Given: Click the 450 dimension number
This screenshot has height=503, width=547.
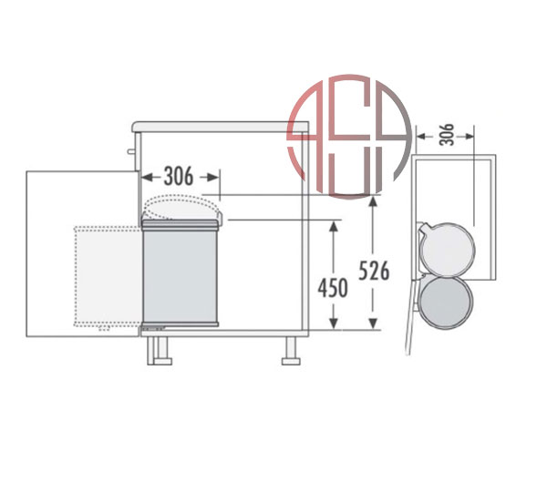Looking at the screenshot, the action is coord(333,288).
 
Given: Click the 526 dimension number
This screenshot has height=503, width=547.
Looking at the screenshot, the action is coord(374,271).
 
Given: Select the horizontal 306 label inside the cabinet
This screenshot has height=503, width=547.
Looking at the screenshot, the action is coord(179,177).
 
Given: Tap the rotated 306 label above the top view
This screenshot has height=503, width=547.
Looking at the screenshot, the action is coord(447,135).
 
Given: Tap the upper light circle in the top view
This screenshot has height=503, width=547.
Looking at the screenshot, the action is coord(448,250).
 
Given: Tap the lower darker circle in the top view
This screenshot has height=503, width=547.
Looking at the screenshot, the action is coord(446,302).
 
